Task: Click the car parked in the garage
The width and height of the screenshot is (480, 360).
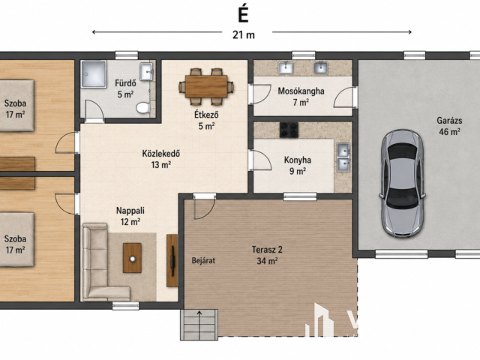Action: pyautogui.click(x=403, y=183)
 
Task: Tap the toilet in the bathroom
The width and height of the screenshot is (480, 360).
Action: pyautogui.click(x=143, y=107)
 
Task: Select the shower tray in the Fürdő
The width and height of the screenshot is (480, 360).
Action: pyautogui.click(x=94, y=74)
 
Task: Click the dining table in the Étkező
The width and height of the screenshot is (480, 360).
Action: pyautogui.click(x=206, y=87)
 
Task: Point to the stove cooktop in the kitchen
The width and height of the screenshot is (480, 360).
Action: pyautogui.click(x=289, y=130)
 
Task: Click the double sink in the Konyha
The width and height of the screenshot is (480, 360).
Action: pyautogui.click(x=343, y=157)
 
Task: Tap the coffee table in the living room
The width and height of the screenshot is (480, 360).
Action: pyautogui.click(x=132, y=258)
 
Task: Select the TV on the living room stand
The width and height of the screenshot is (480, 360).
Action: pyautogui.click(x=172, y=261)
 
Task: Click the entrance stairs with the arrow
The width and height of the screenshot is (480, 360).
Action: pyautogui.click(x=199, y=325)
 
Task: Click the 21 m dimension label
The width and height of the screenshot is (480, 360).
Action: pyautogui.click(x=244, y=35)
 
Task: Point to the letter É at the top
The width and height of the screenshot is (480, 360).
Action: pyautogui.click(x=243, y=14)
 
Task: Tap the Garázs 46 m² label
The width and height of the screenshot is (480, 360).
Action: pyautogui.click(x=449, y=126)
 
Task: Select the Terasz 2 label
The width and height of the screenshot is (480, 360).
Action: pyautogui.click(x=267, y=250)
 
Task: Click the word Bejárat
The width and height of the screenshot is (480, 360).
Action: pyautogui.click(x=203, y=260)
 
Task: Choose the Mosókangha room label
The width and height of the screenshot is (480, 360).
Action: pyautogui.click(x=301, y=91)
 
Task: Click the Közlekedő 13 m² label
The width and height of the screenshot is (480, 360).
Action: pyautogui.click(x=161, y=159)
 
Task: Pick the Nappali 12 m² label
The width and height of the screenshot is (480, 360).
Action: pyautogui.click(x=130, y=216)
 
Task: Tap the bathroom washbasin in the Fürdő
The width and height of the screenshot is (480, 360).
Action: pyautogui.click(x=146, y=72)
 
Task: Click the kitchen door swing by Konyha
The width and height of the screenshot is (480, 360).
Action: pyautogui.click(x=261, y=160)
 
